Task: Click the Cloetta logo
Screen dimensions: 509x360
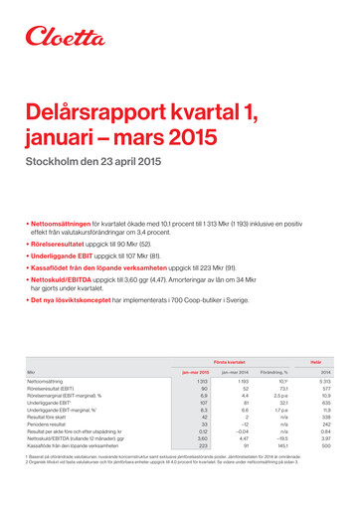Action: [x=68, y=37]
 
